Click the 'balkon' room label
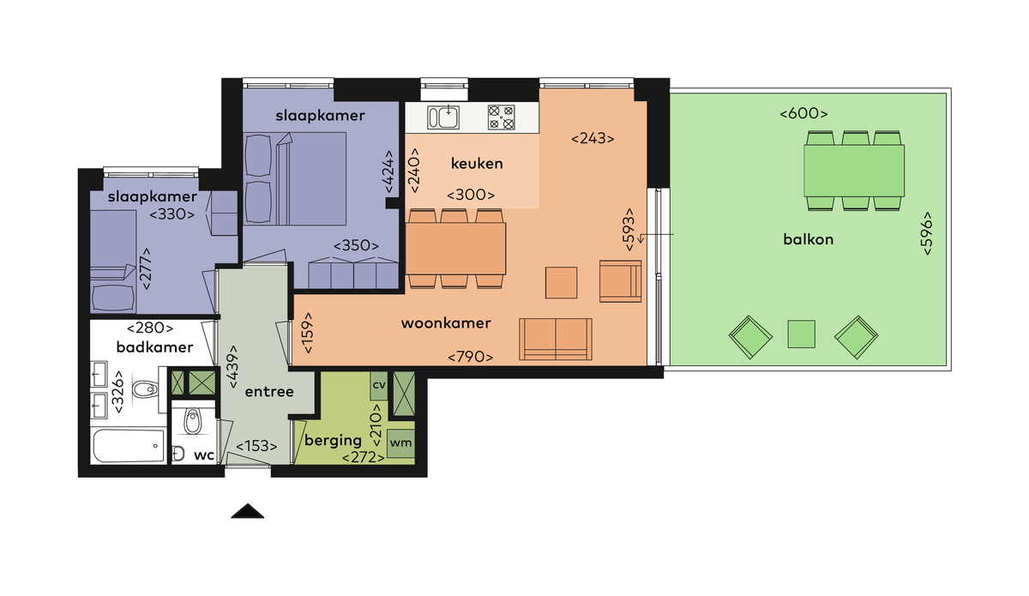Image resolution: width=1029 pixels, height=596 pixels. (808, 239)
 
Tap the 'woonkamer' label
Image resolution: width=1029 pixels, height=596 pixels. (446, 323)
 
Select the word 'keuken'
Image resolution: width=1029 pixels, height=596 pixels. (477, 163)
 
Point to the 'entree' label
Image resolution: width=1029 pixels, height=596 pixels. (269, 392)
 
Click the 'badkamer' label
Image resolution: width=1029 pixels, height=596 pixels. (154, 347)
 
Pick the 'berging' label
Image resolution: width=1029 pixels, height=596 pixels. (333, 440)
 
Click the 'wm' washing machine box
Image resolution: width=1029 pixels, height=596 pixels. (400, 443)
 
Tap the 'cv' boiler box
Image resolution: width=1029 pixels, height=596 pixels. (379, 385)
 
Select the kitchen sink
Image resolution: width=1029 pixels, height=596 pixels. (443, 117)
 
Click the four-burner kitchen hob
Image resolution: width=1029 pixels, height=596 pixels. (501, 117)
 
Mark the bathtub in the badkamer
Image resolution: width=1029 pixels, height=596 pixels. (129, 446)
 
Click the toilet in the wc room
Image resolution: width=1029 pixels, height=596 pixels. (192, 421)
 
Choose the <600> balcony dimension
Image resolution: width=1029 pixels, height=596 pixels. (803, 113)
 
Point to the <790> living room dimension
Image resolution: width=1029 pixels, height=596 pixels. (471, 357)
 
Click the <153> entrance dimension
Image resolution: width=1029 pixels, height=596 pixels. (256, 446)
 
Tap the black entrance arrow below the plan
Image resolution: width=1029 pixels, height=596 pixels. (248, 511)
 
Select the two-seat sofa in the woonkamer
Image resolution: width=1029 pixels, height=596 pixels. (556, 339)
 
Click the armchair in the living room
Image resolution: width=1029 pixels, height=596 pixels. (620, 281)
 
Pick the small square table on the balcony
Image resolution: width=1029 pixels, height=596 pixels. (801, 334)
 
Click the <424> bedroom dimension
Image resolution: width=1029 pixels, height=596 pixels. (388, 172)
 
